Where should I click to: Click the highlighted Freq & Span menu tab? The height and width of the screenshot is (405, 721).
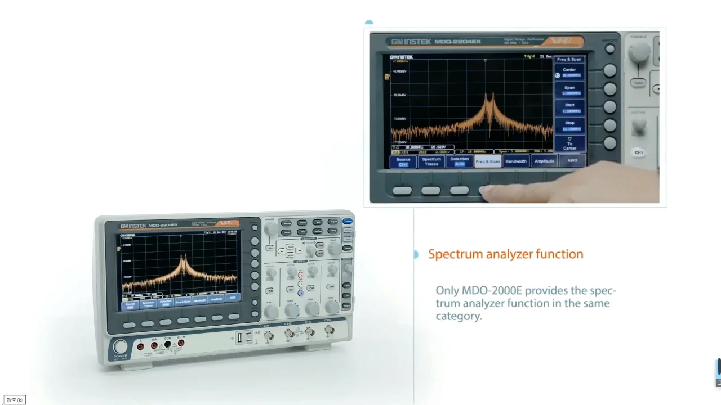pos(488,161)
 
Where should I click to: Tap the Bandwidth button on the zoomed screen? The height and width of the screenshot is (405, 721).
pos(516,161)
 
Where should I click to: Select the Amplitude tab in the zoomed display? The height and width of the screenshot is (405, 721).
pos(544,161)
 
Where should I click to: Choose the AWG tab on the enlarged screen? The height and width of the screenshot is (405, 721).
pos(572,161)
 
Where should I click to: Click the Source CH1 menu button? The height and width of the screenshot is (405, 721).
pos(403,162)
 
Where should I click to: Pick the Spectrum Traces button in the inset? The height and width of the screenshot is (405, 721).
pos(431,162)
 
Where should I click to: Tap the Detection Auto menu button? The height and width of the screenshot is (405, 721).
pos(460,161)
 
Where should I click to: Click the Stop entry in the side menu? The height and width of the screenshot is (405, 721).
pos(569,125)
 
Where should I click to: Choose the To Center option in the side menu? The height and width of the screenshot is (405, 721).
pos(569,143)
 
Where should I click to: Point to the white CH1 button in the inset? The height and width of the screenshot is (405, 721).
pos(639,152)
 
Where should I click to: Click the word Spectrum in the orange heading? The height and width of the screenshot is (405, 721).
pos(453,254)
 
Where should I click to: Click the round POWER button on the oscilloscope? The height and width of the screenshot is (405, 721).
pos(120,346)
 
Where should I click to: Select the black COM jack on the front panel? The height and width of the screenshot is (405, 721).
pos(167,344)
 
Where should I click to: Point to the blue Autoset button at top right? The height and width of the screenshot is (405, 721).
pos(348,222)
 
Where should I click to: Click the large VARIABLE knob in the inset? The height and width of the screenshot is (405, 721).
pos(639,52)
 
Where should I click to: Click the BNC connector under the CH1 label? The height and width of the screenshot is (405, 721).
pos(269,336)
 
